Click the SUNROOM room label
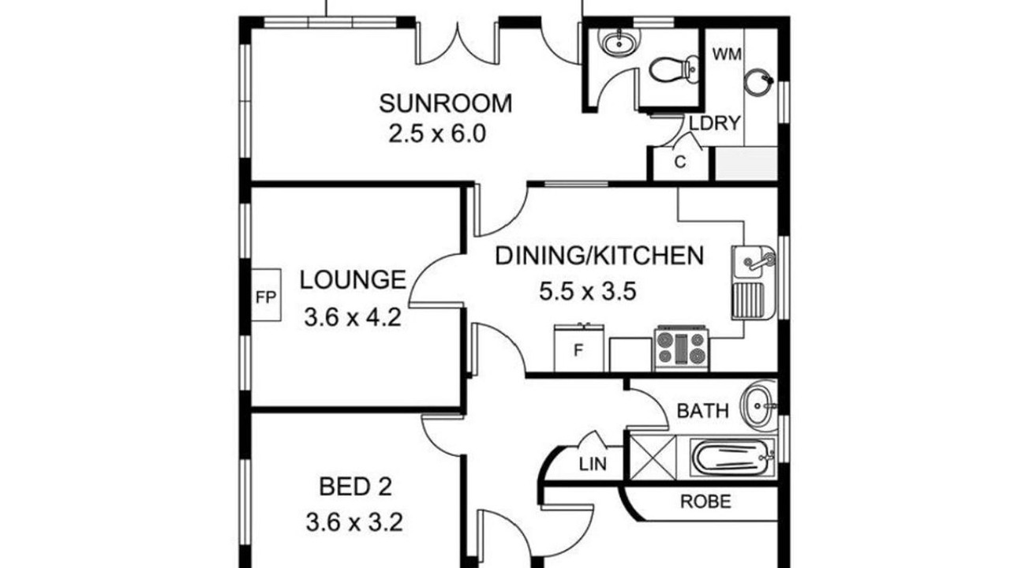[x=446, y=103]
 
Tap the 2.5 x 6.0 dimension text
[x=437, y=134]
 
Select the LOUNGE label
[x=353, y=280]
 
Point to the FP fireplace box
[x=266, y=295]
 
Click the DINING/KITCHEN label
[x=599, y=256]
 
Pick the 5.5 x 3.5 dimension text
[x=588, y=291]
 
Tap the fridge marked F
[x=579, y=348]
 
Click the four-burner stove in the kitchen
[x=681, y=349]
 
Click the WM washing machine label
[x=727, y=54]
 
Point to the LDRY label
[x=716, y=123]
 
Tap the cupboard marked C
[x=680, y=163]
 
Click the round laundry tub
[x=759, y=82]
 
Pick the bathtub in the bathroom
[x=732, y=457]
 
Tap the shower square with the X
[x=653, y=457]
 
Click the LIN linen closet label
[x=593, y=464]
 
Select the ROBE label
[x=705, y=502]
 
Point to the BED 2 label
[x=355, y=487]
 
